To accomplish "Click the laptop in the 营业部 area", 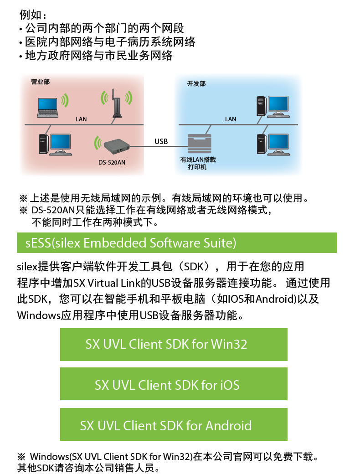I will coord(47,107).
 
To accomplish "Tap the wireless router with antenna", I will coord(116,104).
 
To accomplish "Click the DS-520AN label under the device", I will coord(112,162).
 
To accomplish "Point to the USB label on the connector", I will coord(161,141).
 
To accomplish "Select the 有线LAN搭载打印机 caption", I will coord(197,164).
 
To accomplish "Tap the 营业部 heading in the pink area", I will coord(40,82).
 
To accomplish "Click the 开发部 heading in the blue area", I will coord(196,84).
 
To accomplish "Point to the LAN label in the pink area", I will coord(81,119).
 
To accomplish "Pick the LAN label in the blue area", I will coord(231,119).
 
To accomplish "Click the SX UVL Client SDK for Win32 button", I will coord(174,344).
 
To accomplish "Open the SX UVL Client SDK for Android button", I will coord(174,425).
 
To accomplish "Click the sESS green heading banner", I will coord(176,243).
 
